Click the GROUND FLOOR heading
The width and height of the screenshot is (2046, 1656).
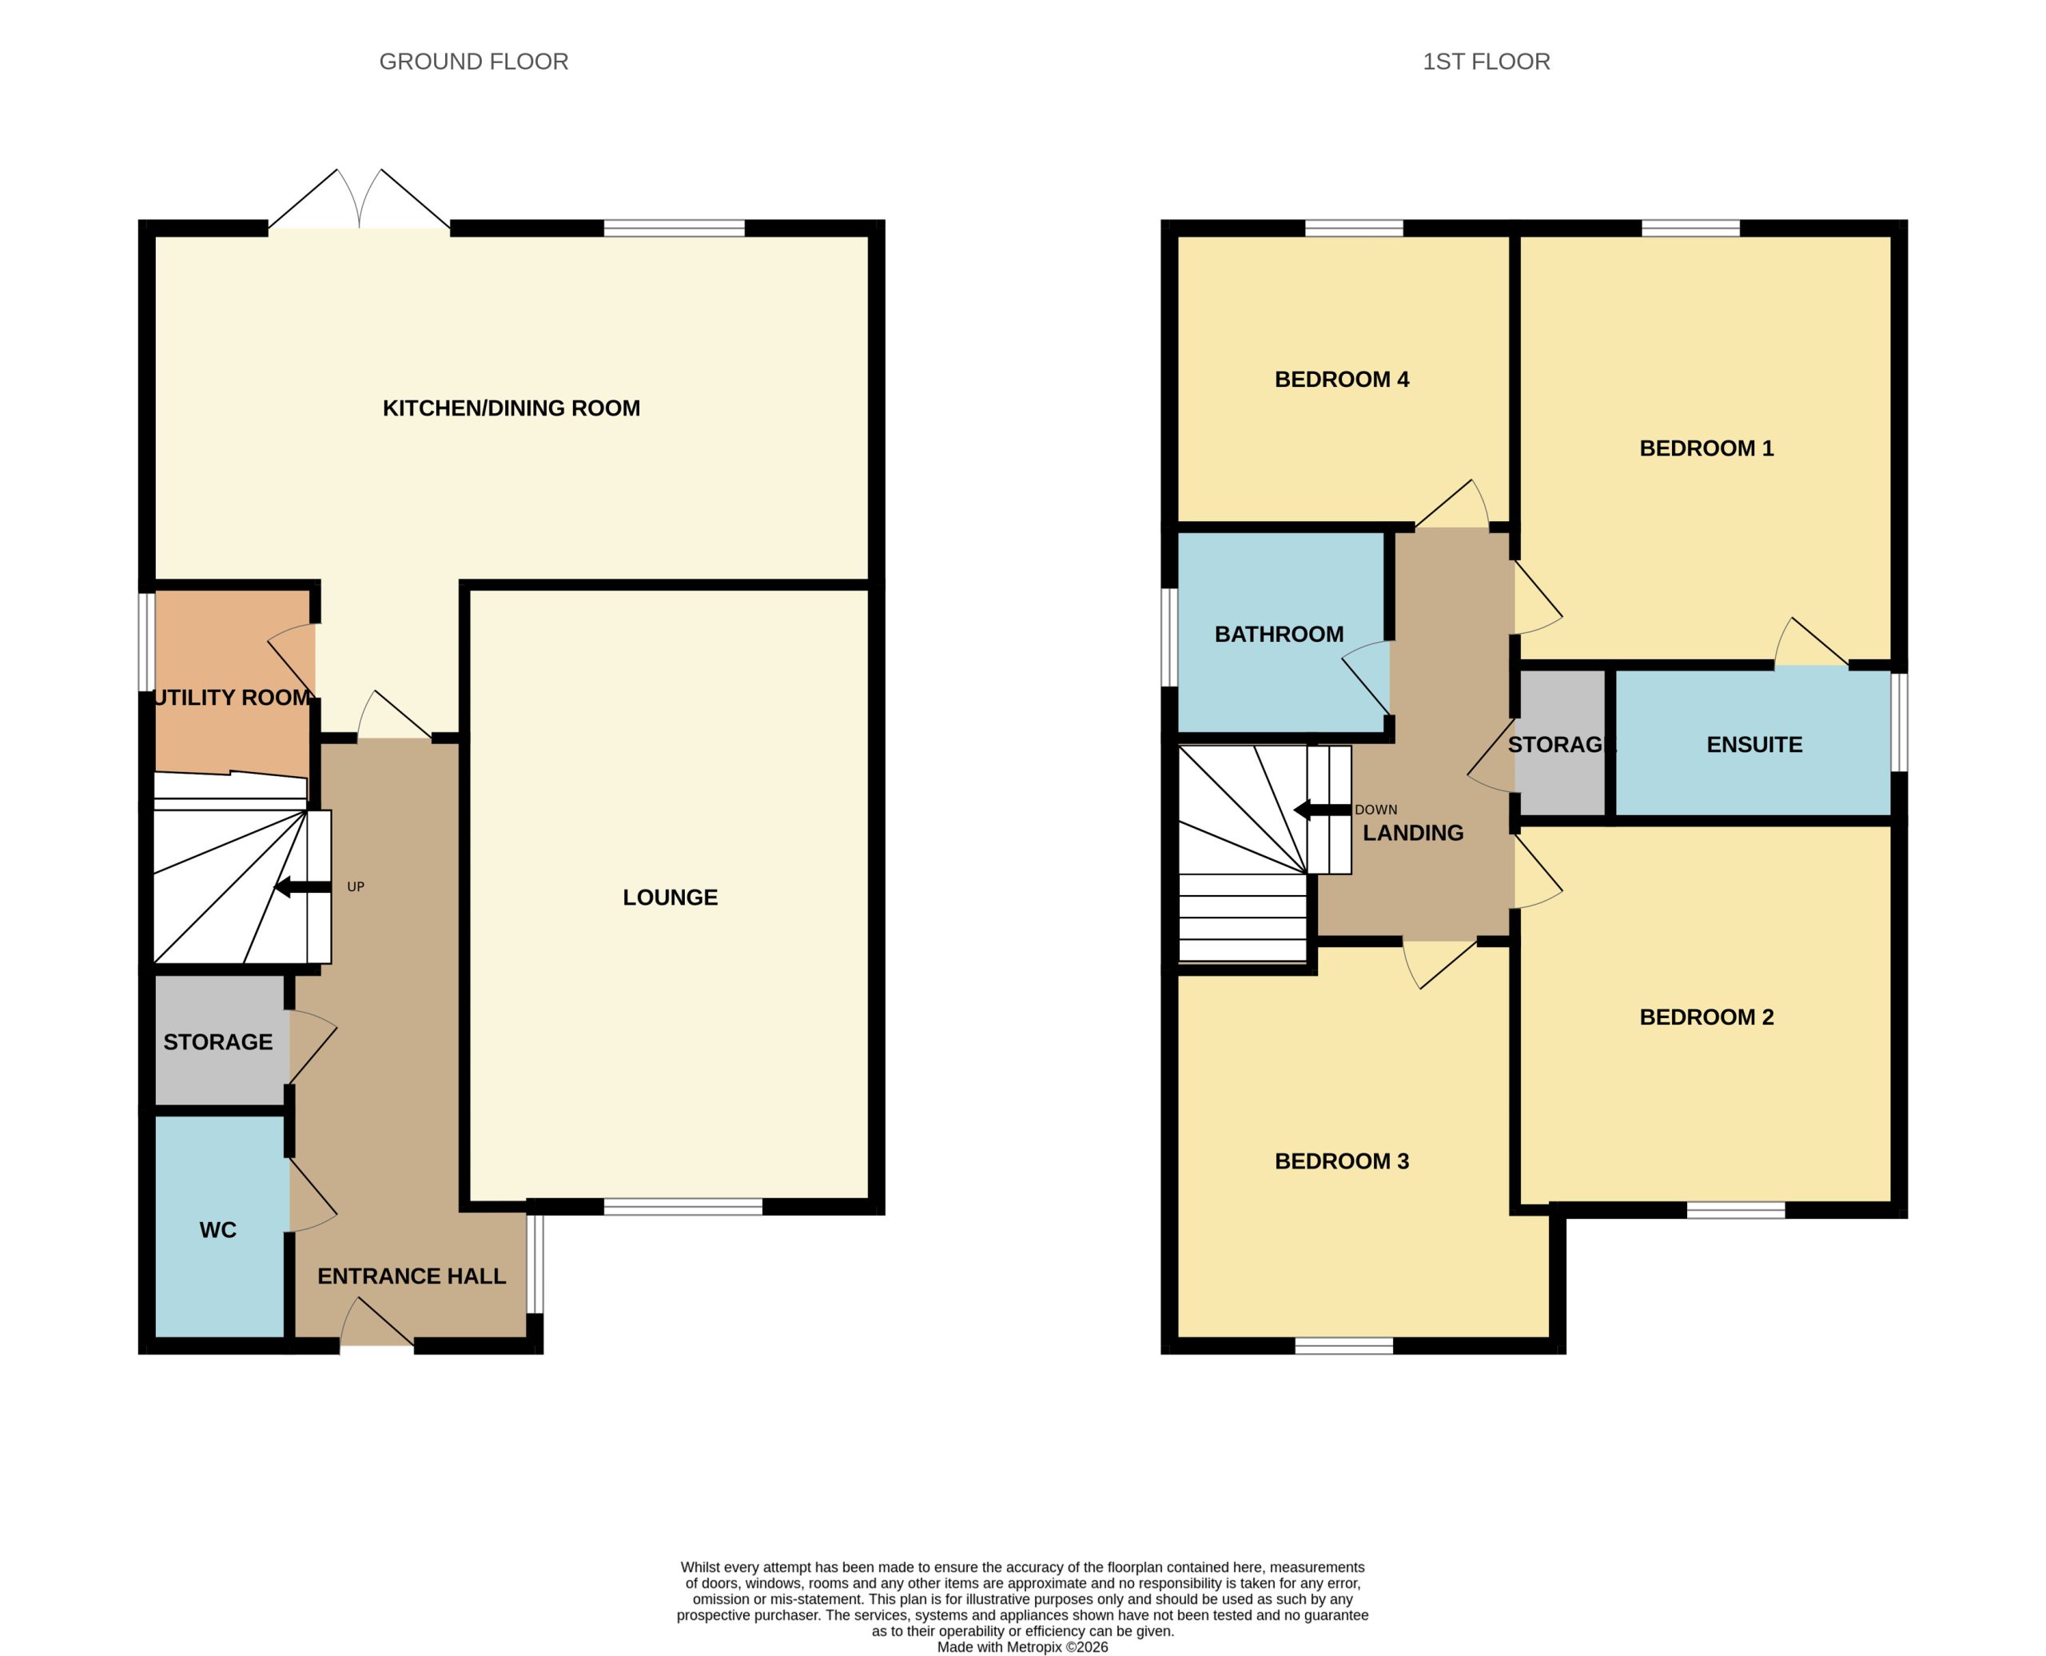coord(473,62)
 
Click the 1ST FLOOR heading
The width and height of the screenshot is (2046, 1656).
coord(1486,62)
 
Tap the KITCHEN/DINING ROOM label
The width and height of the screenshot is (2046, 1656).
coord(511,408)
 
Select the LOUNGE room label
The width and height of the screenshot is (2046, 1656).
coord(670,898)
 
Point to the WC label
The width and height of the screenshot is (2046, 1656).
coord(217,1231)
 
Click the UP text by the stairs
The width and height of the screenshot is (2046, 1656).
coord(356,887)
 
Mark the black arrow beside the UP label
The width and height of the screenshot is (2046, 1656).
coord(302,887)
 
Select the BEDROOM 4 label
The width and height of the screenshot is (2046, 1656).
coord(1341,380)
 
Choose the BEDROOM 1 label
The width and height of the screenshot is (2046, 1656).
coord(1706,448)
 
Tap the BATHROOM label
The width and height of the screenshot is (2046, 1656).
coord(1278,635)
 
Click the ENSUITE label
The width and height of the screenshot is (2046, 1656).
coord(1754,745)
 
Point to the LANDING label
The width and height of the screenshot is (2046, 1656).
coord(1413,833)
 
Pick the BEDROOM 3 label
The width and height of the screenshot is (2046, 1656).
coord(1341,1161)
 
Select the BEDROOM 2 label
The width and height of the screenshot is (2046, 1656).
coord(1706,1017)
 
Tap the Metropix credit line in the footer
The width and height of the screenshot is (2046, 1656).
coord(1022,1647)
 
